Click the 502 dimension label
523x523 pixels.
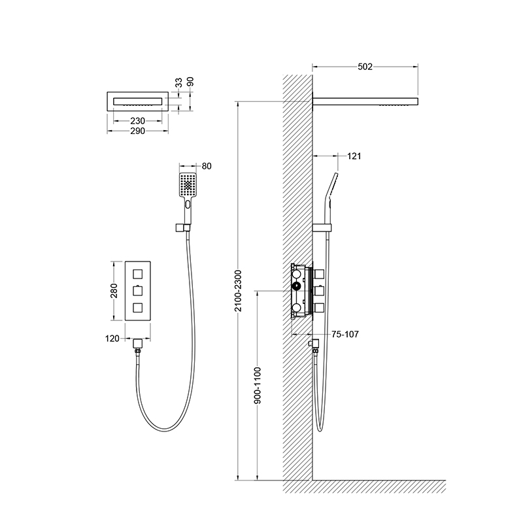365,67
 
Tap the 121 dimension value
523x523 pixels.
354,156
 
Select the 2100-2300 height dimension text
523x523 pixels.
238,291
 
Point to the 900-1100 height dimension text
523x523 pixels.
258,386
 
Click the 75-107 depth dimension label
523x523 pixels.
345,334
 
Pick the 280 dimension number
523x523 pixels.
114,290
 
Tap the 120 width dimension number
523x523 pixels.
112,339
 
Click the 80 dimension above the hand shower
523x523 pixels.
207,166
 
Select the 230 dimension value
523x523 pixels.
138,121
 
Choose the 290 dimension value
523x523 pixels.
138,131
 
